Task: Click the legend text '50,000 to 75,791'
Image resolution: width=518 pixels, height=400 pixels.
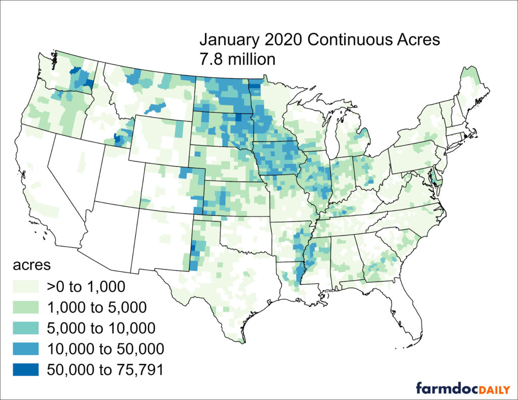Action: pyautogui.click(x=105, y=370)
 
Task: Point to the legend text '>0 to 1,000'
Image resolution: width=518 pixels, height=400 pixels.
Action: pyautogui.click(x=85, y=287)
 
